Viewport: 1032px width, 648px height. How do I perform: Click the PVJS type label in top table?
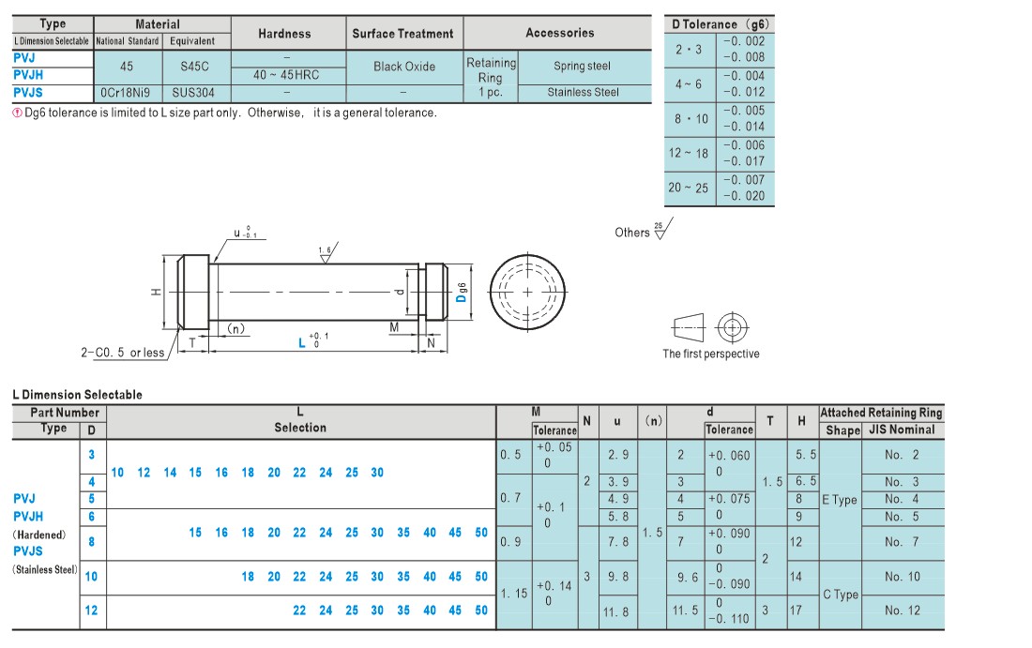(27, 93)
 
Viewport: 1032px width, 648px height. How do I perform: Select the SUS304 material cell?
(193, 93)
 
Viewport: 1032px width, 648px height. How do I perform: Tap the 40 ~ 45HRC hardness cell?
(286, 75)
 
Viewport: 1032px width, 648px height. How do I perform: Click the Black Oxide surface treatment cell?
(404, 67)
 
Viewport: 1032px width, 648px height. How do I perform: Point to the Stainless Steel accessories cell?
(584, 93)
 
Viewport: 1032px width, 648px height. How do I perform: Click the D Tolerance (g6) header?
(720, 24)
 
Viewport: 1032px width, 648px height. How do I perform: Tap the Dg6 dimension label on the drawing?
(462, 293)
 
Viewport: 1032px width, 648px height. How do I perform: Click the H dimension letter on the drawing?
(156, 292)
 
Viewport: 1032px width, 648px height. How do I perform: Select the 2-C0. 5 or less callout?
(122, 353)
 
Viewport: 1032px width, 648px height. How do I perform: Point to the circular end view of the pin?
(527, 292)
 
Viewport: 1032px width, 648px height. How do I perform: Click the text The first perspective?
(711, 354)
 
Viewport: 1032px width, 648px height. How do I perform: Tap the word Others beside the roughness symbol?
(631, 233)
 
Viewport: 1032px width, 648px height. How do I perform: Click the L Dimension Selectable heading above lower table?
(78, 395)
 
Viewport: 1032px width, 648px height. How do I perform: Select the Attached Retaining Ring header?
(881, 414)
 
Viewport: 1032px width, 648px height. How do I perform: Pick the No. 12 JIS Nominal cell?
(902, 610)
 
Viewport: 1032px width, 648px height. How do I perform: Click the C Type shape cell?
(841, 595)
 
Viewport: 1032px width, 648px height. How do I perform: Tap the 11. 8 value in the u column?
(616, 611)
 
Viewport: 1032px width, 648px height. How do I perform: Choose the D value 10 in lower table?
(92, 577)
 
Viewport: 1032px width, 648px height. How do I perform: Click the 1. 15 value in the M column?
(514, 594)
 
